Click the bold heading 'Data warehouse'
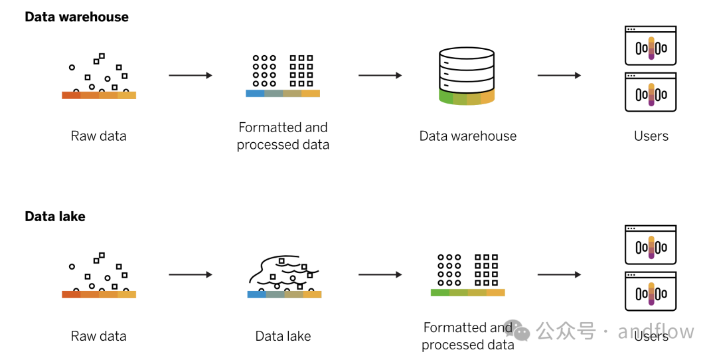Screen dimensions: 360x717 click(76, 17)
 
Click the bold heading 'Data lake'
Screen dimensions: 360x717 click(55, 217)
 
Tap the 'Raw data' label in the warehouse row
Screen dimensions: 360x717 click(98, 136)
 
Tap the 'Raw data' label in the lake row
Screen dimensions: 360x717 click(98, 336)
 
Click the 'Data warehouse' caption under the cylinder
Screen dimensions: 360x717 click(467, 136)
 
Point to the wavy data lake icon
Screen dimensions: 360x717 click(283, 275)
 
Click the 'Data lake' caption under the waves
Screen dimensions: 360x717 click(283, 336)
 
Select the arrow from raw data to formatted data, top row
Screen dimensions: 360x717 click(191, 76)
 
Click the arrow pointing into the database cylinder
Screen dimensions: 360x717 click(380, 76)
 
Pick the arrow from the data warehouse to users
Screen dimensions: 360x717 click(559, 76)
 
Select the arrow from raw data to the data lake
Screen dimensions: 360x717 click(191, 275)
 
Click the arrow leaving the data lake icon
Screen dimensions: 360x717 click(380, 275)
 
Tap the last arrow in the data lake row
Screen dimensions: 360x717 click(559, 275)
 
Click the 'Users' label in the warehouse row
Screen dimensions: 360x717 click(651, 136)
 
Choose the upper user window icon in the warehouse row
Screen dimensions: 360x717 click(651, 46)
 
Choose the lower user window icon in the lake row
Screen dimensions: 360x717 click(651, 292)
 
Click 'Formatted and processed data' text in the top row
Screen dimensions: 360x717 click(283, 135)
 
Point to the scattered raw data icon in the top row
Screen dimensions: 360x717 click(99, 75)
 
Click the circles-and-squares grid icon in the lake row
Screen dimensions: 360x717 click(467, 273)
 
